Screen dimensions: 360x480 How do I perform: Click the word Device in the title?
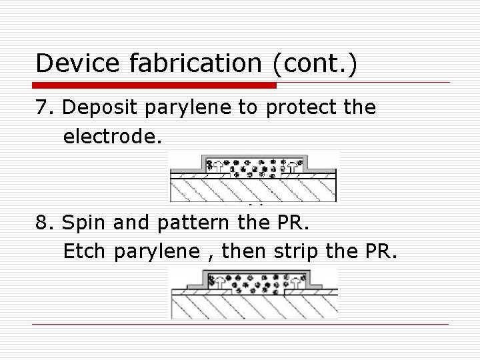point(74,63)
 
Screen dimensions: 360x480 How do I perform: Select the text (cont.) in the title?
point(313,63)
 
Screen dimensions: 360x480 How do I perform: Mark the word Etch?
point(86,252)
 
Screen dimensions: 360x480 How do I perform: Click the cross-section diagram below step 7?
point(253,176)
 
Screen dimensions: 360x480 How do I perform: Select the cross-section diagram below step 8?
point(253,293)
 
